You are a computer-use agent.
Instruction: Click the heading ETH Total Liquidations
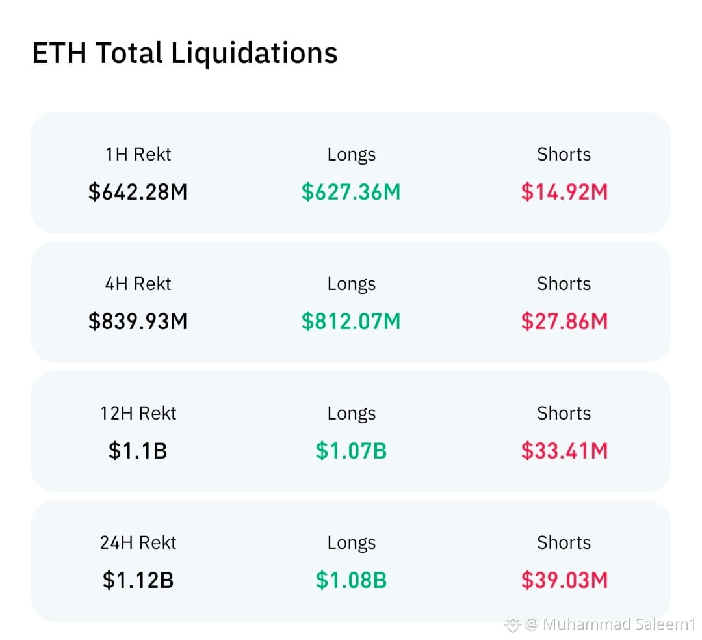pos(185,53)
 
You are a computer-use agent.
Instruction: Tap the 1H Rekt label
pos(138,155)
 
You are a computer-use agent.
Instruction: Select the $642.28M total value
pos(138,192)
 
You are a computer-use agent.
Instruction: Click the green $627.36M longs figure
pos(351,192)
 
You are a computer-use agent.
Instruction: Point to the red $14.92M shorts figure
pos(564,192)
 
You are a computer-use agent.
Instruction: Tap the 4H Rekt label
pos(138,284)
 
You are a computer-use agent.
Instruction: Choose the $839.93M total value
pos(138,321)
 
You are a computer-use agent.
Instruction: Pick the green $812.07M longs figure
pos(351,321)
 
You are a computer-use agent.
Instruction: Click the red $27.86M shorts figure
pos(564,321)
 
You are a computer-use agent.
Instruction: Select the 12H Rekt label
pos(138,414)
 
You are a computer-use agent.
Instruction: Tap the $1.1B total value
pos(138,451)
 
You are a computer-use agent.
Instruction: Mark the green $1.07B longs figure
pos(351,451)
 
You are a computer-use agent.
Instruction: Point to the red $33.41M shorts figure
pos(564,451)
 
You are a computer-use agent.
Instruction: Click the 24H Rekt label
pos(138,543)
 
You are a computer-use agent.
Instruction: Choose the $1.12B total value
pos(138,580)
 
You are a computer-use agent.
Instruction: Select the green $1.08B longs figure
pos(351,580)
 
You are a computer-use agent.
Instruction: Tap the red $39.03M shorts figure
pos(564,580)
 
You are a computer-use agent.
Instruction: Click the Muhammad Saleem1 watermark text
pos(619,624)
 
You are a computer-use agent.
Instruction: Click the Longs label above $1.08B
pos(352,543)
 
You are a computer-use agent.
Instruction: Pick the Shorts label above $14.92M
pos(564,155)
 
